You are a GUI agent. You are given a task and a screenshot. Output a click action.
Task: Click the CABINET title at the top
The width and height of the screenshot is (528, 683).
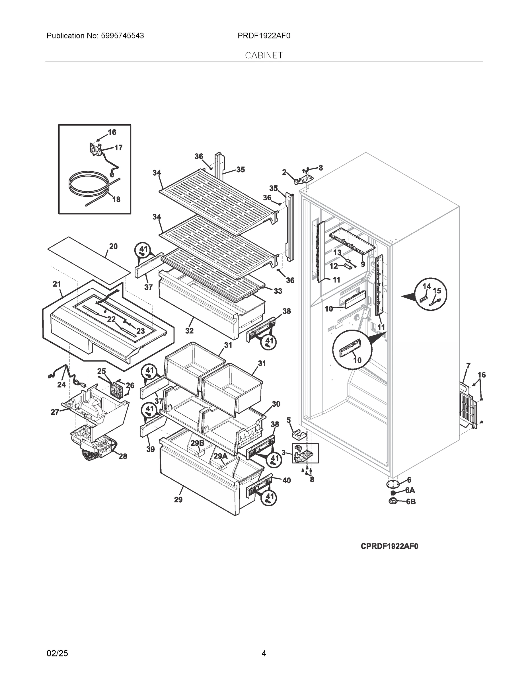pyautogui.click(x=264, y=55)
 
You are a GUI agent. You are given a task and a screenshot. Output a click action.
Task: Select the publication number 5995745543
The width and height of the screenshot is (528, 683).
pyautogui.click(x=122, y=36)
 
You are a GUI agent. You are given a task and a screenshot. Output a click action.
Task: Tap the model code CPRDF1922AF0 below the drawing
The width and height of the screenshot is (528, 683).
pyautogui.click(x=389, y=546)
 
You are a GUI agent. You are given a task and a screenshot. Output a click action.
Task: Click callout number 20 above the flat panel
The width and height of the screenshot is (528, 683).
pyautogui.click(x=113, y=246)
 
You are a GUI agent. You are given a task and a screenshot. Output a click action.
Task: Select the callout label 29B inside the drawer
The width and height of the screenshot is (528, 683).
pyautogui.click(x=197, y=443)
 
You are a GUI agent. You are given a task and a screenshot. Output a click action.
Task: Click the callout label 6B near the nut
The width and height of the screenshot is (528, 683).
pyautogui.click(x=411, y=502)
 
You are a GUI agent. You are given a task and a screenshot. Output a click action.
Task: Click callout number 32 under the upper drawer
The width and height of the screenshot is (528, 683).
pyautogui.click(x=189, y=331)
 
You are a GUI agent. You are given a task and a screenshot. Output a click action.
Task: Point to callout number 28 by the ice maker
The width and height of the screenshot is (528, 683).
pyautogui.click(x=123, y=456)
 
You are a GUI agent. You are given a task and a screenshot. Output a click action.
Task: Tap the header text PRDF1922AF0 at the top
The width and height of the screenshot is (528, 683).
pyautogui.click(x=264, y=36)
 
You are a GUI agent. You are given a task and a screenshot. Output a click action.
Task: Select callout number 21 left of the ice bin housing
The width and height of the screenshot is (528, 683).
pyautogui.click(x=57, y=284)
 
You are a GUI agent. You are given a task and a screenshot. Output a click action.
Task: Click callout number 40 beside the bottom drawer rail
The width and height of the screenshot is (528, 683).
pyautogui.click(x=286, y=480)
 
